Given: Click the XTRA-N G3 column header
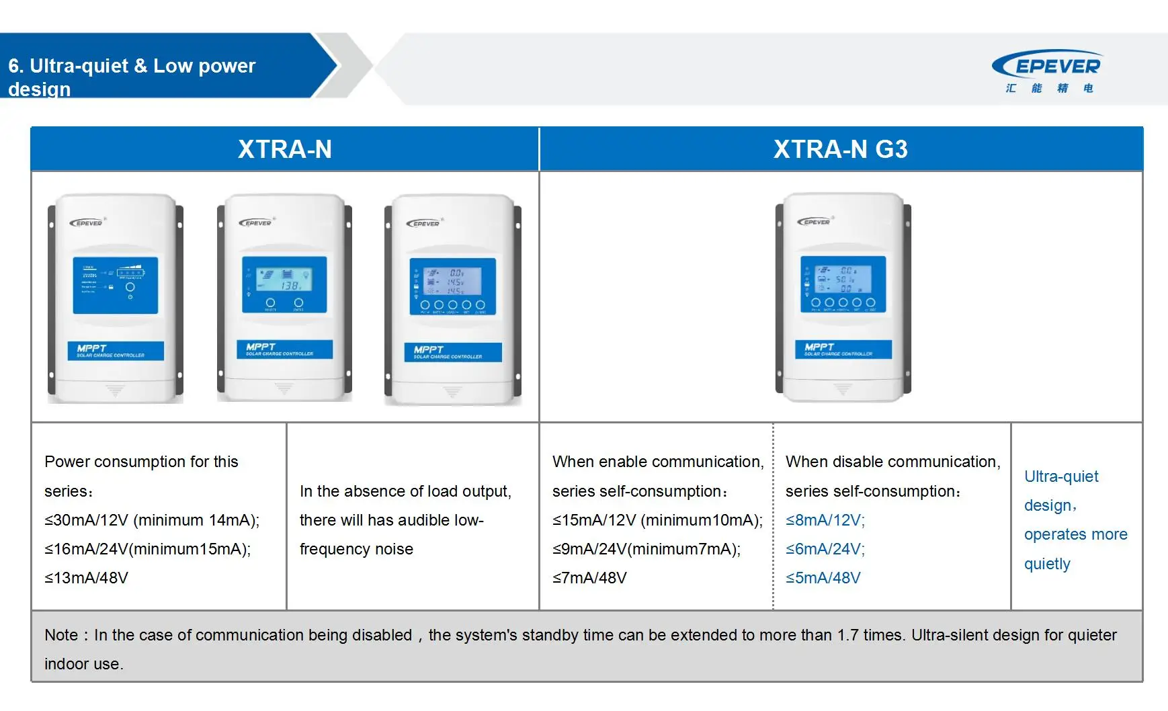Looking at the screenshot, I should point(840,149).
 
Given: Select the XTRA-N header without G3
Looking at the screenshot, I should point(284,149).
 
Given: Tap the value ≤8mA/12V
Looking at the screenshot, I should point(825,520).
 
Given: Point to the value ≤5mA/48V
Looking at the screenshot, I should point(823,578).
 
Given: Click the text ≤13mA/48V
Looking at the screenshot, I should point(86,578).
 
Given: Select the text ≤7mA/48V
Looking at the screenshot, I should point(589,578).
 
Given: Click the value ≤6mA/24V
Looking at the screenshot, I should point(825,549).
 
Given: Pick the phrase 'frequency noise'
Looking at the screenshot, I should point(356,549).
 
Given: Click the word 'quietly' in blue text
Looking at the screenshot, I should point(1047,564).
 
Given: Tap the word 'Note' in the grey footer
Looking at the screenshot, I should point(61,635).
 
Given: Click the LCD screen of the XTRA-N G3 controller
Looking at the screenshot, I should point(843,275).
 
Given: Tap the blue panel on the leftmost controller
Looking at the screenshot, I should point(116,285).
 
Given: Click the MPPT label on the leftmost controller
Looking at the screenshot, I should point(116,351).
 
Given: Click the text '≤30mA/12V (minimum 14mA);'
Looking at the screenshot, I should point(152,520).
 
